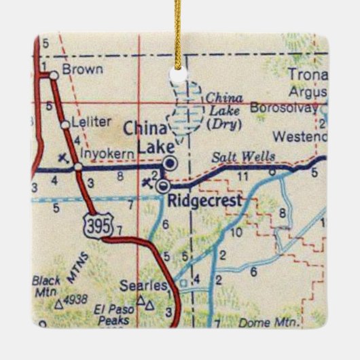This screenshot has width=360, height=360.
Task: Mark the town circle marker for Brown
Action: pos(53,76)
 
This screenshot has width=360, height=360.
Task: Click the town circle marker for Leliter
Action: pos(65,124)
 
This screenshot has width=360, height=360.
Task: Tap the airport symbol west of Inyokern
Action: pos(64,158)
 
